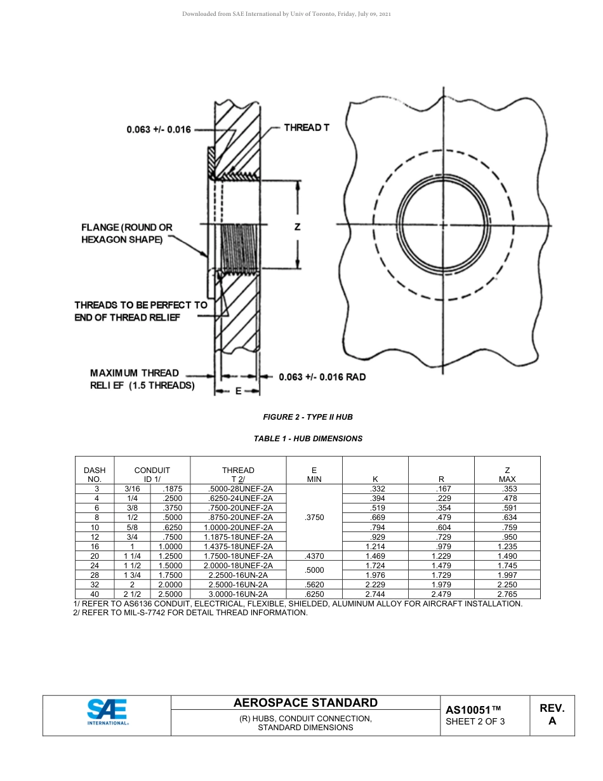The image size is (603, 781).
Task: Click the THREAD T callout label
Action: [x=307, y=128]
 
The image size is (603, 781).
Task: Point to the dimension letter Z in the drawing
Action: [x=297, y=227]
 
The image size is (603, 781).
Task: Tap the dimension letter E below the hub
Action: [x=239, y=391]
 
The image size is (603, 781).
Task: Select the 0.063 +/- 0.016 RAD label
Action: [x=322, y=377]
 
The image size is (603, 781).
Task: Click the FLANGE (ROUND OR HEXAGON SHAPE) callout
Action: [x=126, y=233]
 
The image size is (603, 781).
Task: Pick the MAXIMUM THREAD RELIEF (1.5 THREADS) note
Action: [x=142, y=379]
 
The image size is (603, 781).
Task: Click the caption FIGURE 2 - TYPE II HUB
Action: [x=308, y=417]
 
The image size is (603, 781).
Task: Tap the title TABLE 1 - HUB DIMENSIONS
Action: [x=308, y=439]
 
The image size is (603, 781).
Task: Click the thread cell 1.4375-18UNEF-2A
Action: [x=238, y=547]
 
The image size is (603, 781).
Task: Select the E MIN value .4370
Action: [x=314, y=556]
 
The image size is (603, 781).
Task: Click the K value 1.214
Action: [x=375, y=547]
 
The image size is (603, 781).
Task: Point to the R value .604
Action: [x=442, y=528]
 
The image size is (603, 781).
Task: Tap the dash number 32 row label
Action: [x=95, y=585]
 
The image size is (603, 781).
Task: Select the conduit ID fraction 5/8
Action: [x=133, y=528]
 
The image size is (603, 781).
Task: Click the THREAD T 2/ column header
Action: [x=238, y=474]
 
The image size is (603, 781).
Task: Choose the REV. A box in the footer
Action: [x=552, y=714]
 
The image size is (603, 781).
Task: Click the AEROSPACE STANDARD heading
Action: [x=305, y=702]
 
